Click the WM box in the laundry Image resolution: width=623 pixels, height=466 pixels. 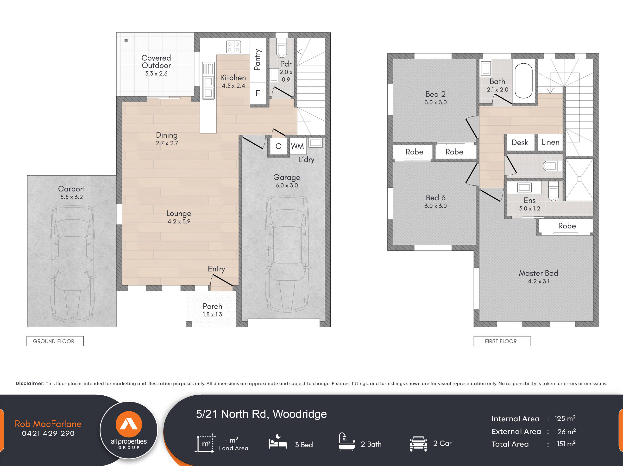click(x=297, y=146)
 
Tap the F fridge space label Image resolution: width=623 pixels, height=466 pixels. click(x=258, y=93)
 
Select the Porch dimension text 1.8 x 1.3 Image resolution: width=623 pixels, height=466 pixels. click(x=212, y=314)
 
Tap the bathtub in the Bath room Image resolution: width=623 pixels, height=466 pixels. click(x=523, y=81)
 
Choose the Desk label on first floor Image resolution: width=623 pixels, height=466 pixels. click(x=520, y=142)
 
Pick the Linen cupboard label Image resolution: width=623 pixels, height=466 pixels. click(x=550, y=142)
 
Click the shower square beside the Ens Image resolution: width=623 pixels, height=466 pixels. click(x=579, y=179)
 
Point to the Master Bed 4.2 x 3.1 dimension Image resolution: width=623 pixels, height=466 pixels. click(x=538, y=281)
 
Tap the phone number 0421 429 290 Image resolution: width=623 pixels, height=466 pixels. click(x=48, y=433)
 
